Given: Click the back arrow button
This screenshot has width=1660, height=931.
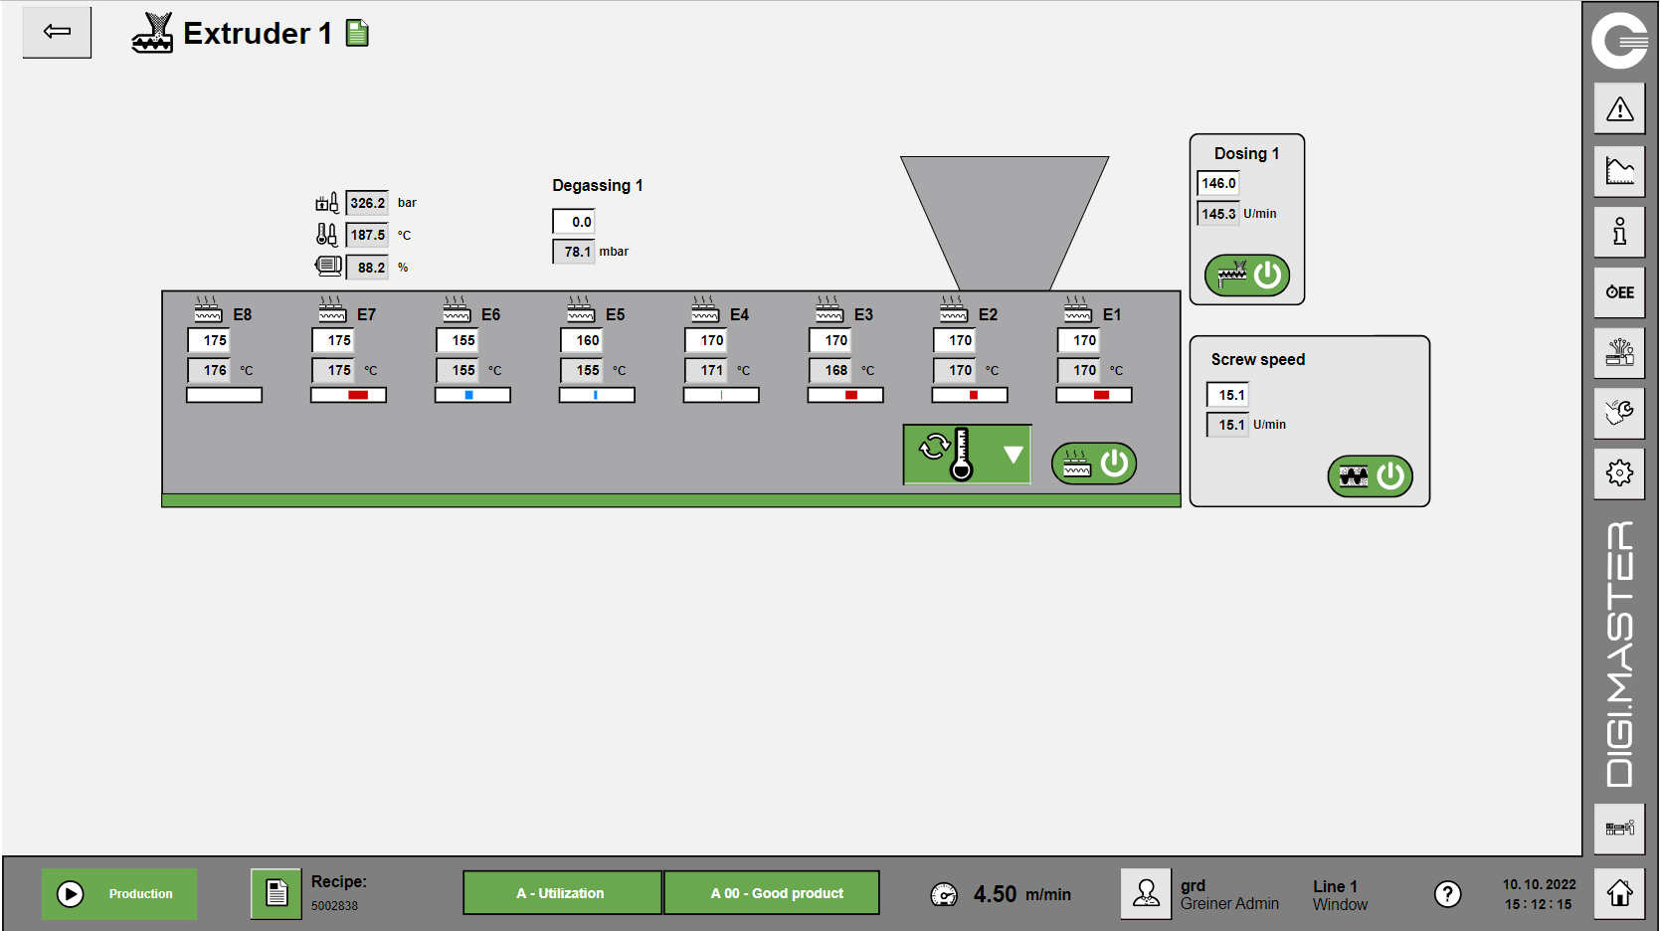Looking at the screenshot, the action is [57, 32].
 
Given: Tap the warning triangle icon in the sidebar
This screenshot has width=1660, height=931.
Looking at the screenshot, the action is [1619, 109].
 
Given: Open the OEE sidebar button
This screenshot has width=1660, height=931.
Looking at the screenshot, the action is [1619, 292].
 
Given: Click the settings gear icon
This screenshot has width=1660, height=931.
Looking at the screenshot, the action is [1619, 472].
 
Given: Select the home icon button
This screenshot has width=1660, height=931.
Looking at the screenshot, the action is [1619, 893].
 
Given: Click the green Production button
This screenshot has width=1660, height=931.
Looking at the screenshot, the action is [119, 894].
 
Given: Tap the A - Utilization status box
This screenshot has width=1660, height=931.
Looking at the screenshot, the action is [562, 893].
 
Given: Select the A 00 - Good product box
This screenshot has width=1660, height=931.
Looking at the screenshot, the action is [772, 893].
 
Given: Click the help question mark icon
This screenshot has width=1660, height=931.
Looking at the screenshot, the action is [1447, 894].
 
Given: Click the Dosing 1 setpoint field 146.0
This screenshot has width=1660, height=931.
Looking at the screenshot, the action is [1218, 183].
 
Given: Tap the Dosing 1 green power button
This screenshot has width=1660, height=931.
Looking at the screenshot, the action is [1247, 275].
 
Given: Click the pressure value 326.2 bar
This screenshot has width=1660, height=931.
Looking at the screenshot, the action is [367, 203].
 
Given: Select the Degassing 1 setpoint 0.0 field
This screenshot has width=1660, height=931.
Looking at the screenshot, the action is [574, 222].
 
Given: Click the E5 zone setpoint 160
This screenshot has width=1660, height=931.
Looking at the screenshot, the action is [580, 341].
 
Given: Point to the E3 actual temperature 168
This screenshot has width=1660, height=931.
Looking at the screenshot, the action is [830, 371].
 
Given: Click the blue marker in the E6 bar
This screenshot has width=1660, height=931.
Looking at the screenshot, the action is [468, 395].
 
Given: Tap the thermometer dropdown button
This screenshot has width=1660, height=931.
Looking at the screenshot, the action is [967, 455].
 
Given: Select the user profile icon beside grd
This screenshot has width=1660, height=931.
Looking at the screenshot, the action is [1146, 893].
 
